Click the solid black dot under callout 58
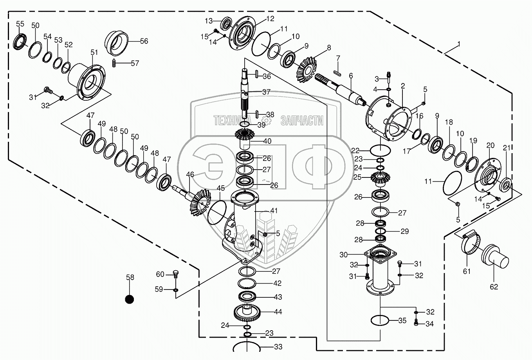(x=130, y=299)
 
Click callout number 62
(x=494, y=286)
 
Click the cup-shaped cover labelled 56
(x=117, y=41)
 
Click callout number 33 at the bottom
(x=278, y=347)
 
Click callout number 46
(x=190, y=174)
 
